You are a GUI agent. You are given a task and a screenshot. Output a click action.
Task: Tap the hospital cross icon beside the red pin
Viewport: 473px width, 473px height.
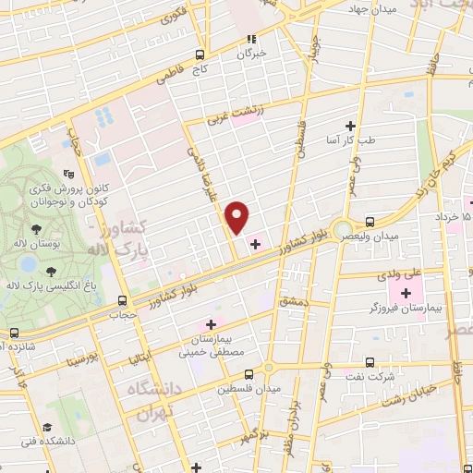(x=255, y=244)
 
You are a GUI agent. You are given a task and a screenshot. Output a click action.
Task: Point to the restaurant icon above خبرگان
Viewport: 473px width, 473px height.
(x=250, y=39)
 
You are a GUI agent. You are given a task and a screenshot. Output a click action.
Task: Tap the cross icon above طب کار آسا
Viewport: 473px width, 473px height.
(x=350, y=126)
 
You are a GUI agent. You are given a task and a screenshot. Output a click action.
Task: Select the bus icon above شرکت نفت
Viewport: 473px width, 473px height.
(x=370, y=362)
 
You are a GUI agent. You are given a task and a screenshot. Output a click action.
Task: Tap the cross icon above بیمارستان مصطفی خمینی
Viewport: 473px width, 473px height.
(x=211, y=324)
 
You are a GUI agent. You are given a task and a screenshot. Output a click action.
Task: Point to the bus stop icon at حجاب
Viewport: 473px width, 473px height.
(x=123, y=300)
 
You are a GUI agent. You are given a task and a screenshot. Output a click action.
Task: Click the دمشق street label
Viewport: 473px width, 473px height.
(x=293, y=301)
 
